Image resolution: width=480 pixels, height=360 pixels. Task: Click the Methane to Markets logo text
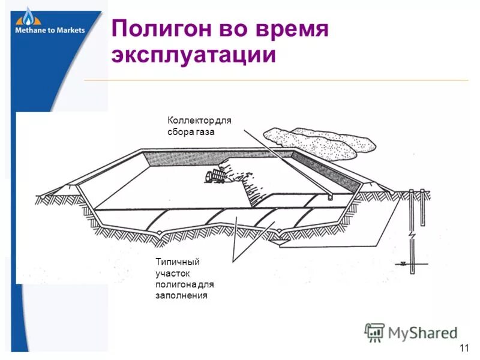(x=50, y=30)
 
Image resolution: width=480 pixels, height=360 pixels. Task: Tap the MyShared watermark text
(x=422, y=332)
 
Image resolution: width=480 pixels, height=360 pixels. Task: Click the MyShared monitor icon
(x=374, y=332)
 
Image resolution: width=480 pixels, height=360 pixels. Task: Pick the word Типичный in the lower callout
(x=177, y=262)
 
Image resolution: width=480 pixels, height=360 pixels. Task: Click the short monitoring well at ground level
(x=422, y=208)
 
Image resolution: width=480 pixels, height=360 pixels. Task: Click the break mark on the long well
(x=412, y=233)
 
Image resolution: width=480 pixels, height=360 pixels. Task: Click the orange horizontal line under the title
(x=276, y=80)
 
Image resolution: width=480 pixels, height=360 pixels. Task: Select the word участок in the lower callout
(x=172, y=274)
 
